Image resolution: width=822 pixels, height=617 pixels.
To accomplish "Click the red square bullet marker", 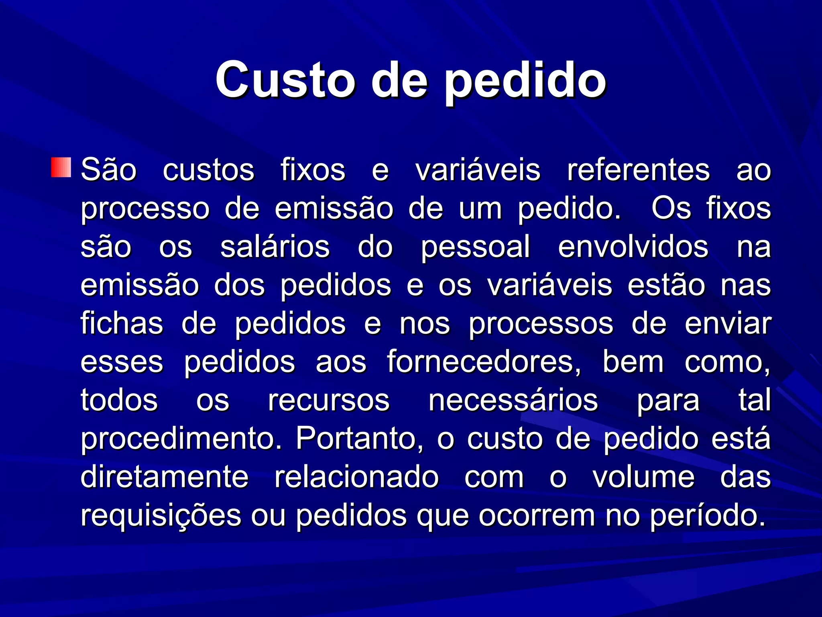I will (x=61, y=168).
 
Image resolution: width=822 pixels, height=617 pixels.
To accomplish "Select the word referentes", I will (x=638, y=170).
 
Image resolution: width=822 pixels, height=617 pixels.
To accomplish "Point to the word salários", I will (x=275, y=247).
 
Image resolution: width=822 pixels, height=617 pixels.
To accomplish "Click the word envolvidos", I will (x=633, y=247).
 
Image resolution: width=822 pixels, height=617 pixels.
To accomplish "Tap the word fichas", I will (x=122, y=323).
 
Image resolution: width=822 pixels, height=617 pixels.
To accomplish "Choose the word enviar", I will (x=728, y=323).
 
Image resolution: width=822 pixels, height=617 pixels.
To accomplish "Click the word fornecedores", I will (x=484, y=362).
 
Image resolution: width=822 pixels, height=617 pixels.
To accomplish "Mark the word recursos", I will (x=329, y=400).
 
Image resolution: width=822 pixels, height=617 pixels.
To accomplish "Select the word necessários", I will (x=513, y=400).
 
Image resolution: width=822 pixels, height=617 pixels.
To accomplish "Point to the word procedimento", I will (x=181, y=439).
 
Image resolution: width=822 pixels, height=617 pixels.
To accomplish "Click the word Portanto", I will (x=359, y=439).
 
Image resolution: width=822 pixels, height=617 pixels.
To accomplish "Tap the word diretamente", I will (x=165, y=477).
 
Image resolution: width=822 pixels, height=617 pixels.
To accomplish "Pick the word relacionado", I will (x=356, y=477).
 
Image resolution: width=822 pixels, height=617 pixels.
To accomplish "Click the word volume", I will (x=643, y=477).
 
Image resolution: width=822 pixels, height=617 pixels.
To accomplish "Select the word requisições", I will (x=161, y=516).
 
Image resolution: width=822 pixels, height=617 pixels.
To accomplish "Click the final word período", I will (x=707, y=516).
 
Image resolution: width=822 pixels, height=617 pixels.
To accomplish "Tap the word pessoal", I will (x=476, y=247).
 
